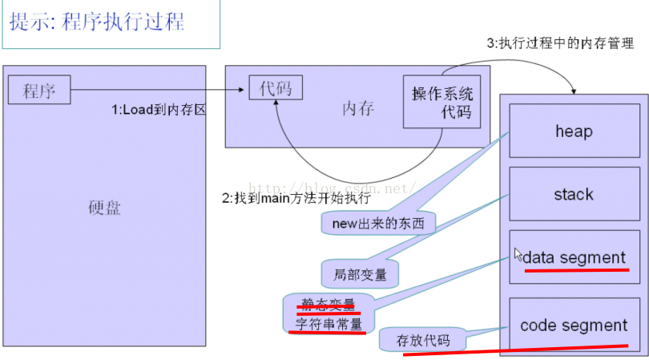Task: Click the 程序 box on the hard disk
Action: click(x=39, y=90)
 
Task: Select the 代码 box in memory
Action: click(x=276, y=87)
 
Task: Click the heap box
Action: click(x=573, y=131)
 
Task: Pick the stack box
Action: click(x=573, y=194)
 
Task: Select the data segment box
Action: click(x=573, y=257)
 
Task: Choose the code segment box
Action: click(x=573, y=326)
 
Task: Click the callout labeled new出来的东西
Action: click(x=377, y=223)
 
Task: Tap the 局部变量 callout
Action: click(x=360, y=274)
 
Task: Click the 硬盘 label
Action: click(x=104, y=208)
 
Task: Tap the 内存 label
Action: click(x=357, y=108)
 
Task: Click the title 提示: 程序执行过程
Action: click(x=97, y=22)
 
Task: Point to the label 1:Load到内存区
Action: click(x=158, y=110)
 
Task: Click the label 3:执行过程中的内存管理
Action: click(x=560, y=44)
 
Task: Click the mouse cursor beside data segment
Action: click(x=518, y=253)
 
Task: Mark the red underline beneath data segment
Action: click(x=576, y=270)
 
